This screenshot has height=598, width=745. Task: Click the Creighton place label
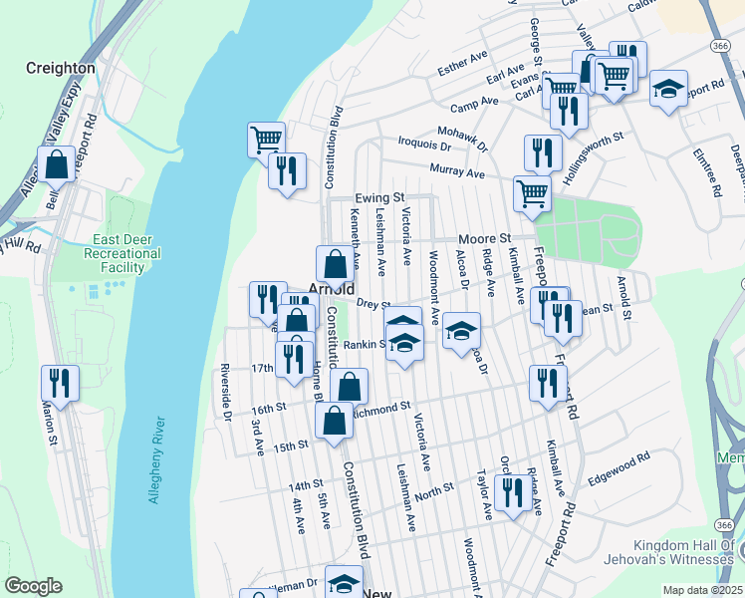click(62, 69)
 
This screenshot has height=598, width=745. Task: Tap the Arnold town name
click(332, 289)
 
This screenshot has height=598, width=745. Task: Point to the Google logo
click(33, 586)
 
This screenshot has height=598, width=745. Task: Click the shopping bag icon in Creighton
click(58, 164)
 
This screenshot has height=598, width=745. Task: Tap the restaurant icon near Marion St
click(61, 384)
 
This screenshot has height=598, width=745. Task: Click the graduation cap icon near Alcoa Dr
click(461, 331)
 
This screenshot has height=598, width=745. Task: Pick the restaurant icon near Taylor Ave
click(512, 493)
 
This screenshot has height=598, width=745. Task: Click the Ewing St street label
click(380, 197)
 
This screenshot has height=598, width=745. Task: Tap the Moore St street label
click(484, 239)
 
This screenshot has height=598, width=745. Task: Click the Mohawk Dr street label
click(467, 138)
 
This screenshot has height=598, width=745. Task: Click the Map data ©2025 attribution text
click(703, 590)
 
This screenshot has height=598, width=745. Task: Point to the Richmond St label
click(384, 409)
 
